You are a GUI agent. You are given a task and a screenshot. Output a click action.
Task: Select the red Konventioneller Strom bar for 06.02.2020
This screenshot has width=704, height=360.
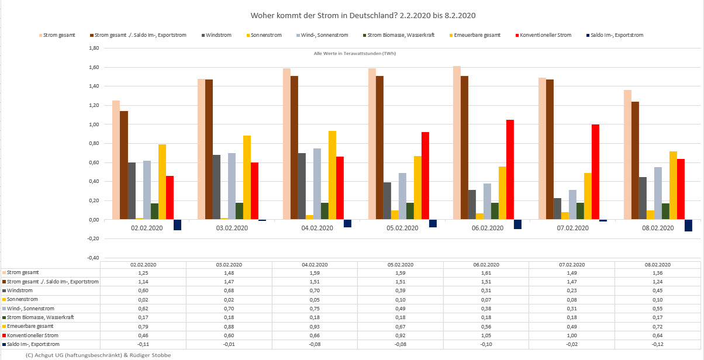click(510, 169)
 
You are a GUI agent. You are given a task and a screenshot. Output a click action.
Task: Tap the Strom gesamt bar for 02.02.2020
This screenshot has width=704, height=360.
click(116, 160)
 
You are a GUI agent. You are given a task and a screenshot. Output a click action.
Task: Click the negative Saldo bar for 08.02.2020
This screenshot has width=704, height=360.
click(688, 226)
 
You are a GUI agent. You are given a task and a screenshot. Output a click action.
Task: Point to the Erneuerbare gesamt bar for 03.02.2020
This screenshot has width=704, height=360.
click(247, 178)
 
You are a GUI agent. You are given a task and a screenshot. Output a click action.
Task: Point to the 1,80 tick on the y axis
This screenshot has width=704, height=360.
click(93, 49)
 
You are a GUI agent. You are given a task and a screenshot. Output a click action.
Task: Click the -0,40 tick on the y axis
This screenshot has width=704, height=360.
click(92, 258)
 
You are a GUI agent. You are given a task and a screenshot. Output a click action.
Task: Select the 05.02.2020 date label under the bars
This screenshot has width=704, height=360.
click(402, 229)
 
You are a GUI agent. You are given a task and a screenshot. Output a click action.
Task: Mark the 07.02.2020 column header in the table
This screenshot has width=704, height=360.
click(571, 265)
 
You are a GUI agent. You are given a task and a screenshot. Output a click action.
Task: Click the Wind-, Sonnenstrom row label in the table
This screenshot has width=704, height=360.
click(29, 307)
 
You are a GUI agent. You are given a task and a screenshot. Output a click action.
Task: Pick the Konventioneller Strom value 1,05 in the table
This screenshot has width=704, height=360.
click(486, 336)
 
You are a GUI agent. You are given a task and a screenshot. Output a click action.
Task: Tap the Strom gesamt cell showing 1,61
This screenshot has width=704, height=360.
click(486, 273)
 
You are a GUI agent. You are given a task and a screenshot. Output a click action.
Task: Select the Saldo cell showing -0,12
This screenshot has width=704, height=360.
click(658, 345)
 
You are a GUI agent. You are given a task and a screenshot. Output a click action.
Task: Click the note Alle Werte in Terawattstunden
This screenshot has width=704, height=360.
click(355, 54)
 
